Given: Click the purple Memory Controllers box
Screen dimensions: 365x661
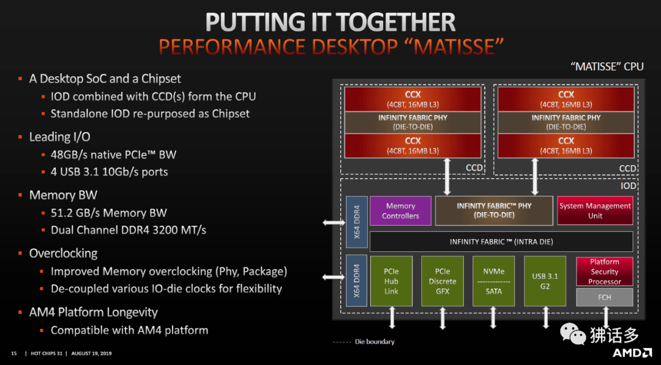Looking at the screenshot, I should pyautogui.click(x=400, y=211).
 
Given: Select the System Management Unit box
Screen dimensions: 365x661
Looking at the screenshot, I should pyautogui.click(x=594, y=211).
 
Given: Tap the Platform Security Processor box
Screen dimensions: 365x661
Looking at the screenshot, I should pyautogui.click(x=604, y=271).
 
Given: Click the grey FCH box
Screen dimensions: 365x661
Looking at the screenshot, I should pyautogui.click(x=604, y=297).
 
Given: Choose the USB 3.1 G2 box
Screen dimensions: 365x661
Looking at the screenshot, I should pyautogui.click(x=545, y=281).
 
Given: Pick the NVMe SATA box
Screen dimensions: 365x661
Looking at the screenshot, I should pyautogui.click(x=493, y=281).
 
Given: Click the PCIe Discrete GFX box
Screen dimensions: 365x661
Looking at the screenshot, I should pyautogui.click(x=442, y=281).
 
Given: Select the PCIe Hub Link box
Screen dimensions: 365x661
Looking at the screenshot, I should pyautogui.click(x=391, y=281).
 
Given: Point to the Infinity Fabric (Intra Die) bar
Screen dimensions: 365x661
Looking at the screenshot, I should pyautogui.click(x=501, y=241).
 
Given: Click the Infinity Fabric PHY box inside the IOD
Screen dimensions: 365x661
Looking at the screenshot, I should pyautogui.click(x=493, y=211).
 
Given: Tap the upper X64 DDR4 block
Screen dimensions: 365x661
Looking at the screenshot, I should pyautogui.click(x=357, y=223).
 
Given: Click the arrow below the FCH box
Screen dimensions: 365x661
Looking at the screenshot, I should pyautogui.click(x=606, y=317).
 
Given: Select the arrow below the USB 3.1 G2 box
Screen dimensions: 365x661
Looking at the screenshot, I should pyautogui.click(x=545, y=317).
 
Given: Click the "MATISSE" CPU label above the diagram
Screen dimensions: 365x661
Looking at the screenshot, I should pyautogui.click(x=607, y=67).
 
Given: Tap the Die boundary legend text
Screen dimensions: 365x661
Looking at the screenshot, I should pyautogui.click(x=375, y=342).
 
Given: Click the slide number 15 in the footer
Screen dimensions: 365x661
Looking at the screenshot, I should pyautogui.click(x=13, y=353).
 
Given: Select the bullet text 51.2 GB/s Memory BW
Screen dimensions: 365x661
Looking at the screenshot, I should pyautogui.click(x=108, y=213).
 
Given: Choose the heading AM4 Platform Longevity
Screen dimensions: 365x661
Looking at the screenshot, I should pyautogui.click(x=93, y=312).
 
